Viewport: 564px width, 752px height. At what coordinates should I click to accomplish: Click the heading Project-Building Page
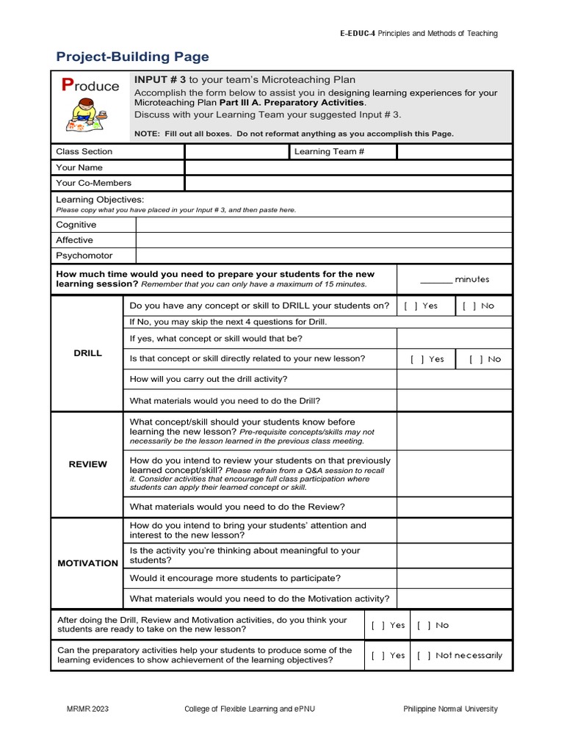click(133, 57)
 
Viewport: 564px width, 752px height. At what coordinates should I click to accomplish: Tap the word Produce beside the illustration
click(90, 86)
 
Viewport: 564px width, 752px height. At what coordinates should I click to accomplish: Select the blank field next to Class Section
click(236, 151)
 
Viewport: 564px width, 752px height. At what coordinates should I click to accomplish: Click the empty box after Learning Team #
click(454, 151)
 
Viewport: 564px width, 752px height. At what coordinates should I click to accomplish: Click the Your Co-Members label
click(94, 183)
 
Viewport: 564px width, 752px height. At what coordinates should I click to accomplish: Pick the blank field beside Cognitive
click(324, 225)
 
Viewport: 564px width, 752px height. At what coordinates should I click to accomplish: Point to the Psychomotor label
click(84, 256)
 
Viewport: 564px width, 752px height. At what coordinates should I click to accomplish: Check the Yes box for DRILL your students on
click(408, 305)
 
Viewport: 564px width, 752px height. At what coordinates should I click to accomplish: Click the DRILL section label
click(88, 353)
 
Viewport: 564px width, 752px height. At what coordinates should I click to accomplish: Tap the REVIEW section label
click(88, 464)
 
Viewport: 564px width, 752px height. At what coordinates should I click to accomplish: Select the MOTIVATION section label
click(88, 563)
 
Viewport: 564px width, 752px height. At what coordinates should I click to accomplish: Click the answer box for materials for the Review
click(454, 507)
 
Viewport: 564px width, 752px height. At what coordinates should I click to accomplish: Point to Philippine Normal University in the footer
click(450, 709)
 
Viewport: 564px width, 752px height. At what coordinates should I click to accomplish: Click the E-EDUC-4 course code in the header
click(358, 33)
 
